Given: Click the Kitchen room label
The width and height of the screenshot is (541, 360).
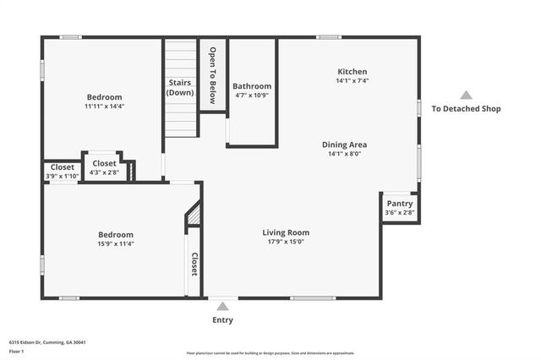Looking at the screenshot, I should click(352, 72).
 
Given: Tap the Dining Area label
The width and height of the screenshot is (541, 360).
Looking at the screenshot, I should click(344, 145).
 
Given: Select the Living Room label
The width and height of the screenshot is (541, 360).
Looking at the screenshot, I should click(285, 232).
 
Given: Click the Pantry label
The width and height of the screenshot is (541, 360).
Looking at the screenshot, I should click(399, 204).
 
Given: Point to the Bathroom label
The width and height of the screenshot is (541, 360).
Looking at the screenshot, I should click(252, 86).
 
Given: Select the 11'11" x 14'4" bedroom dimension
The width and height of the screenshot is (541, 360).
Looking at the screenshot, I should click(104, 106).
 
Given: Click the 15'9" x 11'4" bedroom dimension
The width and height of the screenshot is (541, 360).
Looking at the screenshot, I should click(116, 243).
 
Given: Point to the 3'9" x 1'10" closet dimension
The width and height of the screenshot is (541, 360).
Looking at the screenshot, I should click(62, 176).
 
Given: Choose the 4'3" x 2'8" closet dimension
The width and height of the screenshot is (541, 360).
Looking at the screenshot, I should click(104, 172).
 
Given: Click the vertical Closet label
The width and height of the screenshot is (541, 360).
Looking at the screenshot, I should click(194, 265).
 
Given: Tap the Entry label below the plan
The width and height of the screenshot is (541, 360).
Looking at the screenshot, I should click(222, 320).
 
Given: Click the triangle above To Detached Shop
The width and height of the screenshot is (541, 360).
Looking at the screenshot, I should click(466, 95).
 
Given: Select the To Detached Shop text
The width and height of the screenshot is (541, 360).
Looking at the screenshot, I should click(466, 108).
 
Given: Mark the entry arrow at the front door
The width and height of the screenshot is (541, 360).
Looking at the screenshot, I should click(222, 306).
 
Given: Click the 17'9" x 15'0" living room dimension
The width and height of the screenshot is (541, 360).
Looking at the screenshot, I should click(285, 243).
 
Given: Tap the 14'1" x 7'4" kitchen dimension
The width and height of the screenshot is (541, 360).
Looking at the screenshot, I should click(352, 81).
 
